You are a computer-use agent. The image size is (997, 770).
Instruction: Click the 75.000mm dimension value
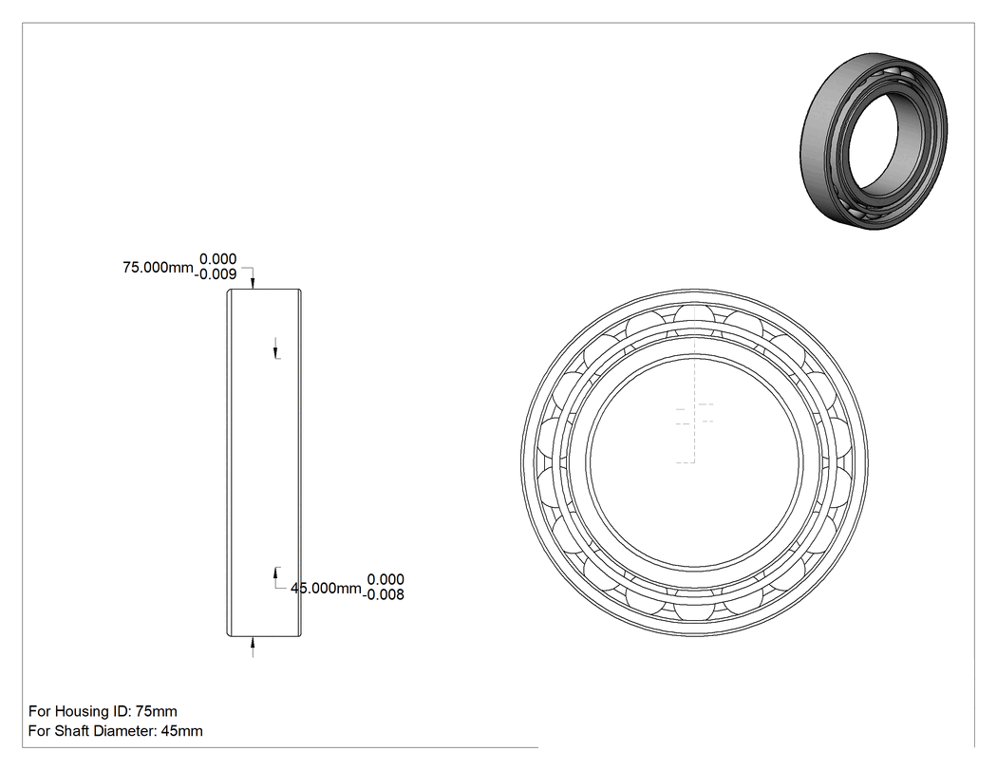tap(158, 268)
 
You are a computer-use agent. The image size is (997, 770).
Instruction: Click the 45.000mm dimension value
tap(326, 588)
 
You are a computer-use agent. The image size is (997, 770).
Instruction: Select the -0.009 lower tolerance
tap(216, 274)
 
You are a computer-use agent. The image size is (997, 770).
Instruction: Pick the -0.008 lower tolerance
tap(384, 594)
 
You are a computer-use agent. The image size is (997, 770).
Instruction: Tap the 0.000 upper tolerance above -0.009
tap(218, 259)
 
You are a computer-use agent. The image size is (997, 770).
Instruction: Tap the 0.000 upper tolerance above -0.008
tap(386, 579)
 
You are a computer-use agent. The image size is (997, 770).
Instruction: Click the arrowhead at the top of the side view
tap(253, 283)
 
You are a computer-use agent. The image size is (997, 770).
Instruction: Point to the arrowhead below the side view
tap(253, 642)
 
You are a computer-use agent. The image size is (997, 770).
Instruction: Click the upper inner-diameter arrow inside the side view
tap(275, 347)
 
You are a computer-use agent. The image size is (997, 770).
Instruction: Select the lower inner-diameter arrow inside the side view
tap(275, 577)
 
